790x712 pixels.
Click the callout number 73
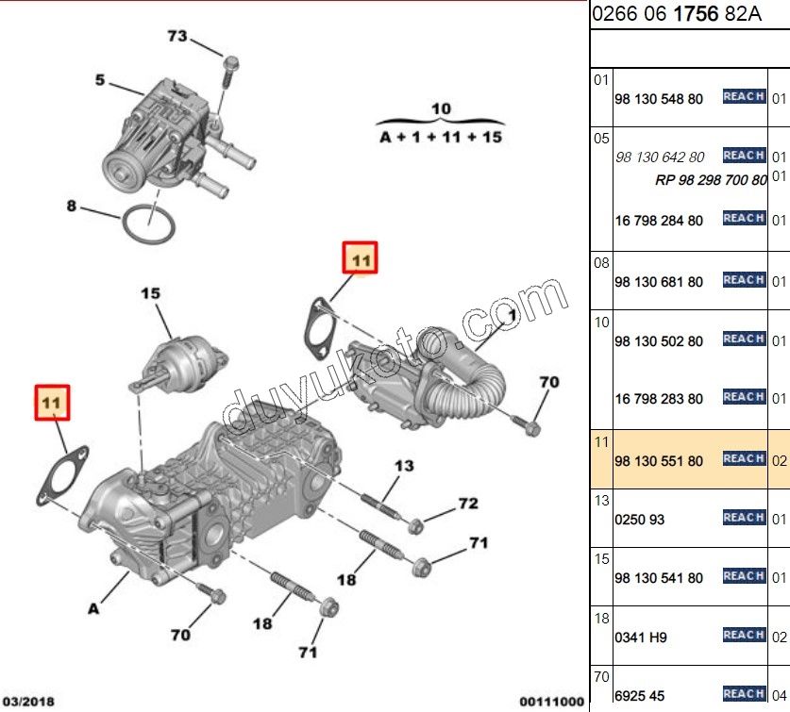click(x=177, y=37)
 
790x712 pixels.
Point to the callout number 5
click(x=100, y=80)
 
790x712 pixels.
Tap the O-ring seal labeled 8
click(x=147, y=224)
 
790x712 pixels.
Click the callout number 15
click(x=151, y=293)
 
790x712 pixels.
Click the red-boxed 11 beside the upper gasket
click(x=360, y=257)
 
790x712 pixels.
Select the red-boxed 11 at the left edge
click(x=52, y=402)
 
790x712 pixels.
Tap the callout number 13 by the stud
click(x=404, y=466)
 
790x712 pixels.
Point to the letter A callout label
click(x=93, y=608)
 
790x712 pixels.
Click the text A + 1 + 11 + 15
click(x=441, y=137)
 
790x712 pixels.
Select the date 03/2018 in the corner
click(x=27, y=701)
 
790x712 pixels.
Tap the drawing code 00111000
click(x=551, y=701)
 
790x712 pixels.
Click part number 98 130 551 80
click(x=658, y=461)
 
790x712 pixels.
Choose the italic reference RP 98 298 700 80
click(x=711, y=179)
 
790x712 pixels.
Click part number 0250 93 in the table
click(x=640, y=520)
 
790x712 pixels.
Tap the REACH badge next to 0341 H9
click(x=744, y=635)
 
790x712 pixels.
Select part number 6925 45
click(x=640, y=696)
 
